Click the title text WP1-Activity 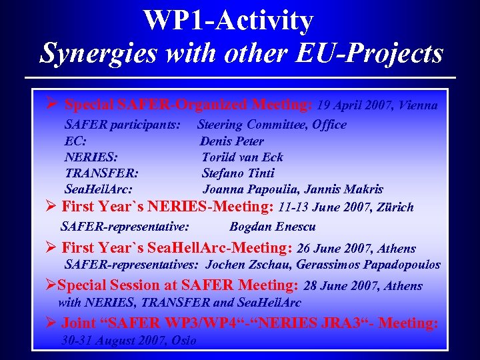228,21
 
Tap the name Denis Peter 232,141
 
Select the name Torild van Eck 243,157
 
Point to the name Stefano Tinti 238,173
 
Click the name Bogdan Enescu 272,227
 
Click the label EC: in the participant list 75,141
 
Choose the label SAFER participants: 122,125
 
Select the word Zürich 394,207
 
